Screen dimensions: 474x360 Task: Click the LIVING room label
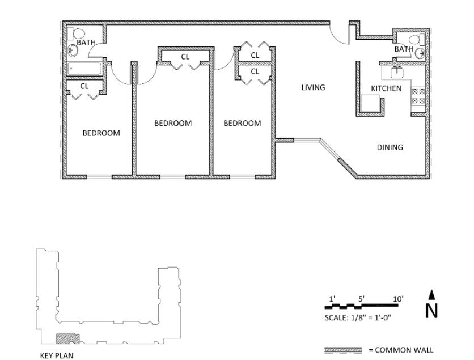pyautogui.click(x=313, y=87)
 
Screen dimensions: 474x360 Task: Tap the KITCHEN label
pyautogui.click(x=386, y=88)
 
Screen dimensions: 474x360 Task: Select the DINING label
pyautogui.click(x=390, y=147)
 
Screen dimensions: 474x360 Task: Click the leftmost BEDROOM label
pyautogui.click(x=101, y=133)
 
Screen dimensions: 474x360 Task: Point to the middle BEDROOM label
pyautogui.click(x=173, y=123)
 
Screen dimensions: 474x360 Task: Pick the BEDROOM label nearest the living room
pyautogui.click(x=242, y=123)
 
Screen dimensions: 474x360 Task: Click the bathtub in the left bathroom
pyautogui.click(x=84, y=69)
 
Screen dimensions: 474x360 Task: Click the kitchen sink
pyautogui.click(x=397, y=72)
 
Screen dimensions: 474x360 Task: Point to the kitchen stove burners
pyautogui.click(x=418, y=96)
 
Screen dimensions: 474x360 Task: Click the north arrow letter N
pyautogui.click(x=431, y=310)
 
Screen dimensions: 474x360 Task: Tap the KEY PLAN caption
pyautogui.click(x=57, y=356)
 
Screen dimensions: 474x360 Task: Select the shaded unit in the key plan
pyautogui.click(x=67, y=338)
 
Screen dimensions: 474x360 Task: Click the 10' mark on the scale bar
pyautogui.click(x=398, y=299)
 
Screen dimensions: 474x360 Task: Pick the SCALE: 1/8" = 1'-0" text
pyautogui.click(x=358, y=317)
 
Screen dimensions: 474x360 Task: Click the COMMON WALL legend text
pyautogui.click(x=400, y=350)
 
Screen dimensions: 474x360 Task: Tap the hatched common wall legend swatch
pyautogui.click(x=342, y=350)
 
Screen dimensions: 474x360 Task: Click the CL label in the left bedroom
pyautogui.click(x=84, y=86)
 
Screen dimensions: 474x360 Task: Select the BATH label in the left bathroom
pyautogui.click(x=86, y=42)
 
